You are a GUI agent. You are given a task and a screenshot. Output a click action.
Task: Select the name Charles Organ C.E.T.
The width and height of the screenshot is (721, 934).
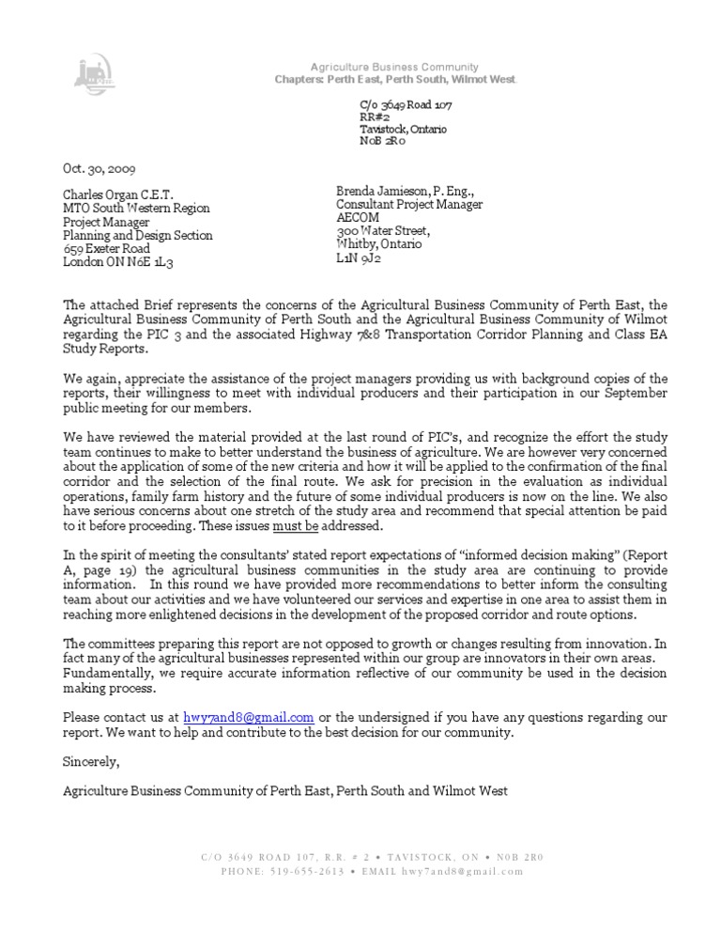pos(118,195)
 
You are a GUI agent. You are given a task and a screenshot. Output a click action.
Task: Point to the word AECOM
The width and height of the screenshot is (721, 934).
pos(358,217)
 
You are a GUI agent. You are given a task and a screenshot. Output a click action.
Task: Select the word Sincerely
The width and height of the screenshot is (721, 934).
pos(91,759)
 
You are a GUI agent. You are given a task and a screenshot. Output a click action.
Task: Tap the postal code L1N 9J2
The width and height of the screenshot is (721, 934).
pos(359,257)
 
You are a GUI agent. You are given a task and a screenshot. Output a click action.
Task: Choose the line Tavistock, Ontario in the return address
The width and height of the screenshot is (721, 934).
pos(404,129)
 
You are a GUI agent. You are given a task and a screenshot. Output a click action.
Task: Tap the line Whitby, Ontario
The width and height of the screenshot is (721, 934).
pos(378,243)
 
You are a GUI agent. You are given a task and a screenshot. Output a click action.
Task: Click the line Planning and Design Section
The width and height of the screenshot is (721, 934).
pos(137,236)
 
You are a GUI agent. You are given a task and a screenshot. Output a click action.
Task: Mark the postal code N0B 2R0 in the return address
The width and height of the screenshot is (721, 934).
pos(382,142)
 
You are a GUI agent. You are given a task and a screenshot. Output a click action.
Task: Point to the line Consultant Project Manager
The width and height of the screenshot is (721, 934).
pos(409,204)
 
